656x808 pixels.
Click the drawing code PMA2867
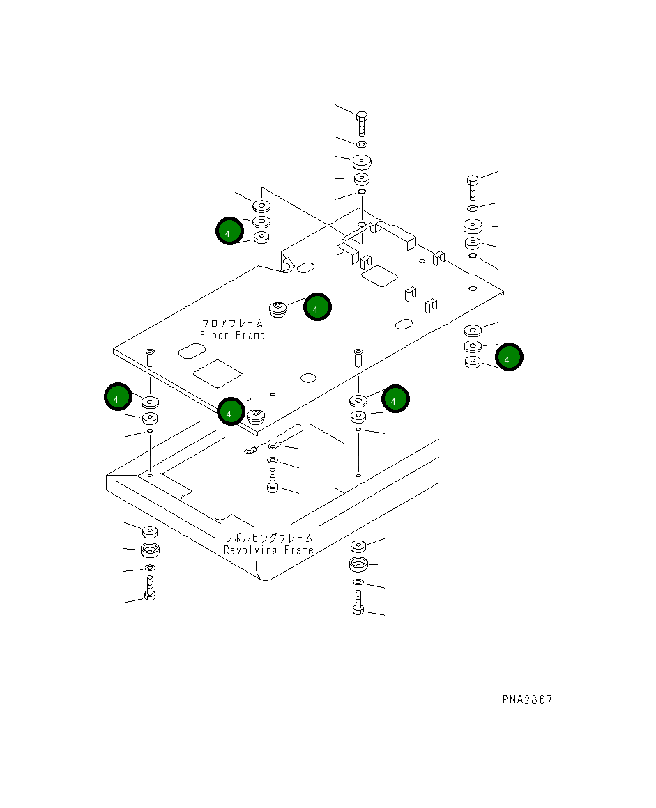pyautogui.click(x=528, y=699)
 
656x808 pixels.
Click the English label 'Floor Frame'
pyautogui.click(x=233, y=336)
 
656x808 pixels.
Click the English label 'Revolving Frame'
pyautogui.click(x=268, y=550)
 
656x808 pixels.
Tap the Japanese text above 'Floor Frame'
pyautogui.click(x=232, y=324)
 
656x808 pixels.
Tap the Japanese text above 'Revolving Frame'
pyautogui.click(x=268, y=538)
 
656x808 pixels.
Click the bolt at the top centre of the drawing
pyautogui.click(x=362, y=124)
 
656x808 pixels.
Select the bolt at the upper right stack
pyautogui.click(x=473, y=187)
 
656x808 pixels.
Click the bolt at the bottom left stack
pyautogui.click(x=150, y=588)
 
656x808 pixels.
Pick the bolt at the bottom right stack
pyautogui.click(x=358, y=603)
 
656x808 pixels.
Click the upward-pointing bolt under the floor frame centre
pyautogui.click(x=273, y=480)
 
